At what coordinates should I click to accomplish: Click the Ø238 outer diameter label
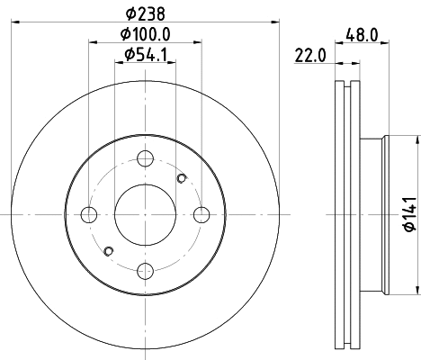pos(145,13)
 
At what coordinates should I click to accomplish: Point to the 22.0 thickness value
pos(309,55)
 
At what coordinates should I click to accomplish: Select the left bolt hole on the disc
pos(88,214)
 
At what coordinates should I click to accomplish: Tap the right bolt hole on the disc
pos(202,214)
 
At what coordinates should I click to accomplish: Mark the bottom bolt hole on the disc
pos(145,270)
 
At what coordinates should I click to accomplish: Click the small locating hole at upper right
pos(183,178)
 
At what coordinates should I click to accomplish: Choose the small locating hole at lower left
pos(108,250)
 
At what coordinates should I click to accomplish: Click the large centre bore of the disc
pos(145,214)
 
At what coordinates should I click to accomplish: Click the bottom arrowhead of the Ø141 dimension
pos(417,290)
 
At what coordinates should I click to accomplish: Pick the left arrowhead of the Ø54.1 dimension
pos(120,64)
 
